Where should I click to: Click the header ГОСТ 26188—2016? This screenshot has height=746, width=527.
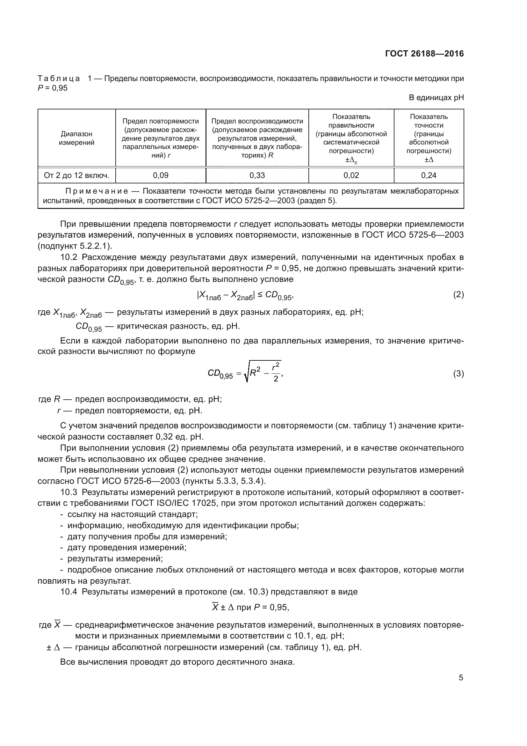point(424,54)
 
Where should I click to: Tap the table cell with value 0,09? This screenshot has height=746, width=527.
point(161,175)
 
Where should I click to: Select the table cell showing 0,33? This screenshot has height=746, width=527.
point(257,175)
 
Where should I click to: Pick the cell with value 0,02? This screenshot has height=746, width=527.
point(351,175)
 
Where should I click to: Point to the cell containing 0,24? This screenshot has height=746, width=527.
point(429,175)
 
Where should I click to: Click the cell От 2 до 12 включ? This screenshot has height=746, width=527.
point(76,175)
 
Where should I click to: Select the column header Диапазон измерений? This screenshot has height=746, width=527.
point(76,138)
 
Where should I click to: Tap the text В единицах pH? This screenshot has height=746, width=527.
point(436,98)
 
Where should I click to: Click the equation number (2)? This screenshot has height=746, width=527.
point(458,295)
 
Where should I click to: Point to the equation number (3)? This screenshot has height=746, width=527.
point(458,374)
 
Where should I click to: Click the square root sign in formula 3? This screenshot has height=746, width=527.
point(247,374)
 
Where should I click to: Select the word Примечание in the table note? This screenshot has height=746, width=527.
point(96,191)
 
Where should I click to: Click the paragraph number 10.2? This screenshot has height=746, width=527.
point(69,257)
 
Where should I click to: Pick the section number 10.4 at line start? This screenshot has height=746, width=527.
point(69,592)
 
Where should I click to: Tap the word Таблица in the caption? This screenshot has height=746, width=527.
point(59,79)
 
